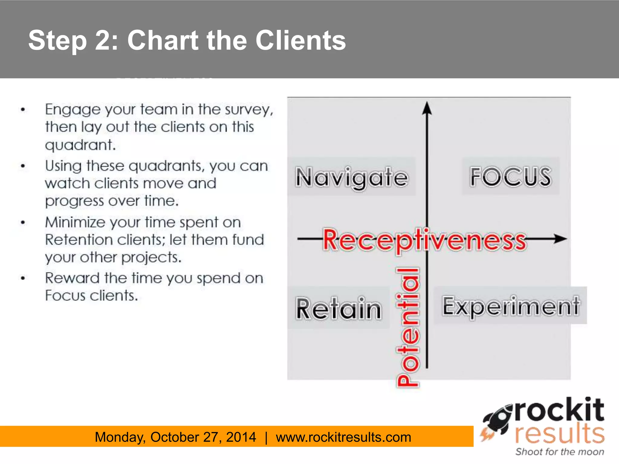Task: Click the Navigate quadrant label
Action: pyautogui.click(x=352, y=177)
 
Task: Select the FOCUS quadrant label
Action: pyautogui.click(x=510, y=176)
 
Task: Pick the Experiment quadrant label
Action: pyautogui.click(x=510, y=306)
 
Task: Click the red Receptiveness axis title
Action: pyautogui.click(x=425, y=240)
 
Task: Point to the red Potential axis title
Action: pyautogui.click(x=408, y=327)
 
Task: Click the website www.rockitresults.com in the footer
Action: pyautogui.click(x=343, y=437)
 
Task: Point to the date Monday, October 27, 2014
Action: pyautogui.click(x=175, y=437)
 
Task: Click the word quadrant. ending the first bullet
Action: pyautogui.click(x=80, y=145)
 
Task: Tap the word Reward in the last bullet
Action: pyautogui.click(x=72, y=278)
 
